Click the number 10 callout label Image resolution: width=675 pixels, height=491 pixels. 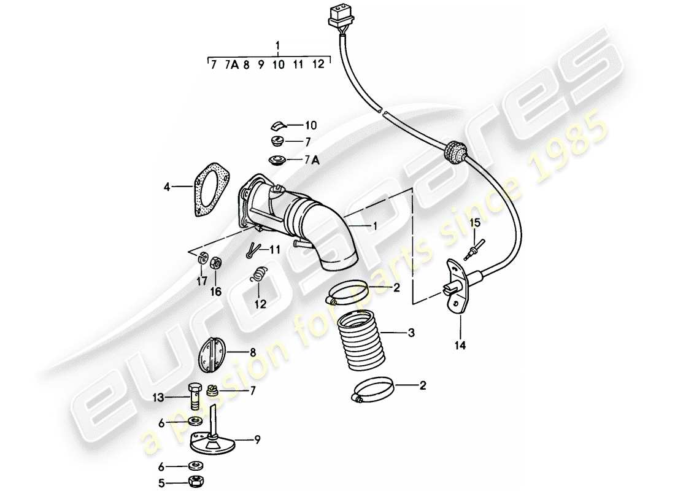[310, 125]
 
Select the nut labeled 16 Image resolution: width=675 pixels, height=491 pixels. [216, 263]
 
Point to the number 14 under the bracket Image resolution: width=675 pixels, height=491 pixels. [460, 346]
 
